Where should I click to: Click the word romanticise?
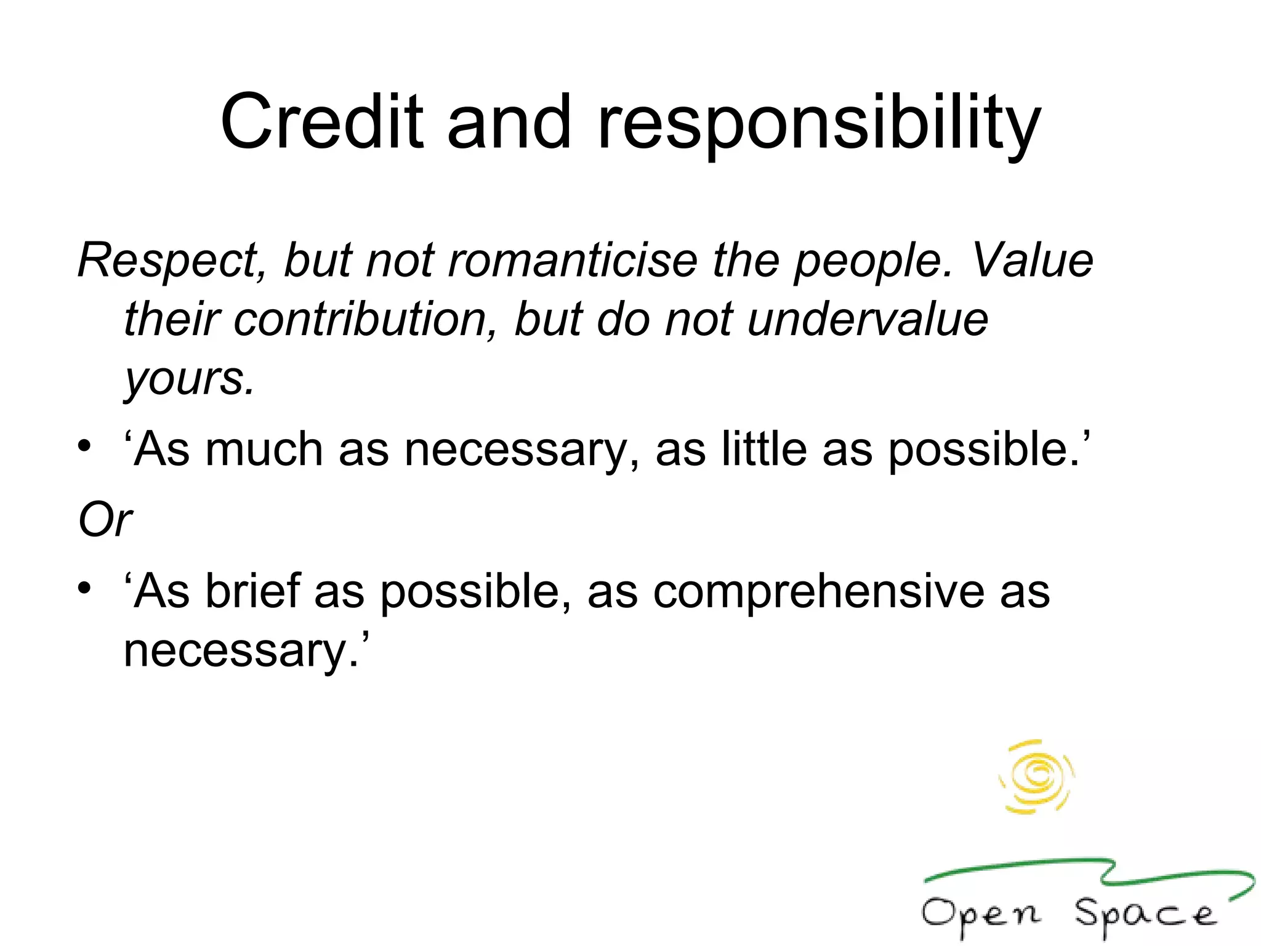coord(573,260)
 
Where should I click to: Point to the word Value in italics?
coord(1032,260)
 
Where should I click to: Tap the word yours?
coord(188,378)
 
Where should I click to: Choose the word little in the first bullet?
coord(763,450)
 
